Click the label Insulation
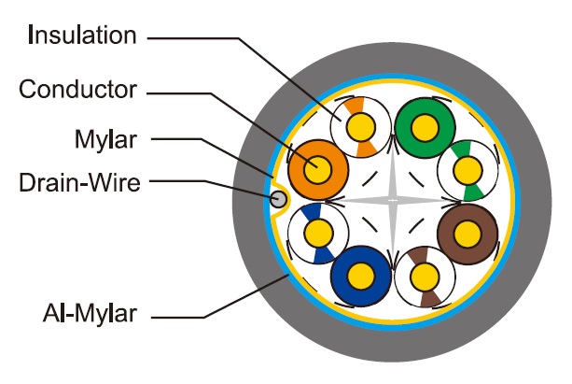pyautogui.click(x=82, y=36)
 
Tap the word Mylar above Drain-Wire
pyautogui.click(x=105, y=140)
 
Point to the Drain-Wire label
pyautogui.click(x=79, y=182)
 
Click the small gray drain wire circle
pyautogui.click(x=277, y=198)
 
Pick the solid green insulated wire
pyautogui.click(x=425, y=125)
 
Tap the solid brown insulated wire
pyautogui.click(x=467, y=230)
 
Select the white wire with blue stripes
pyautogui.click(x=318, y=231)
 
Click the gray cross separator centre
pyautogui.click(x=392, y=200)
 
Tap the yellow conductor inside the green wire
pyautogui.click(x=425, y=125)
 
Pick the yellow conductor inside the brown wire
pyautogui.click(x=467, y=230)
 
